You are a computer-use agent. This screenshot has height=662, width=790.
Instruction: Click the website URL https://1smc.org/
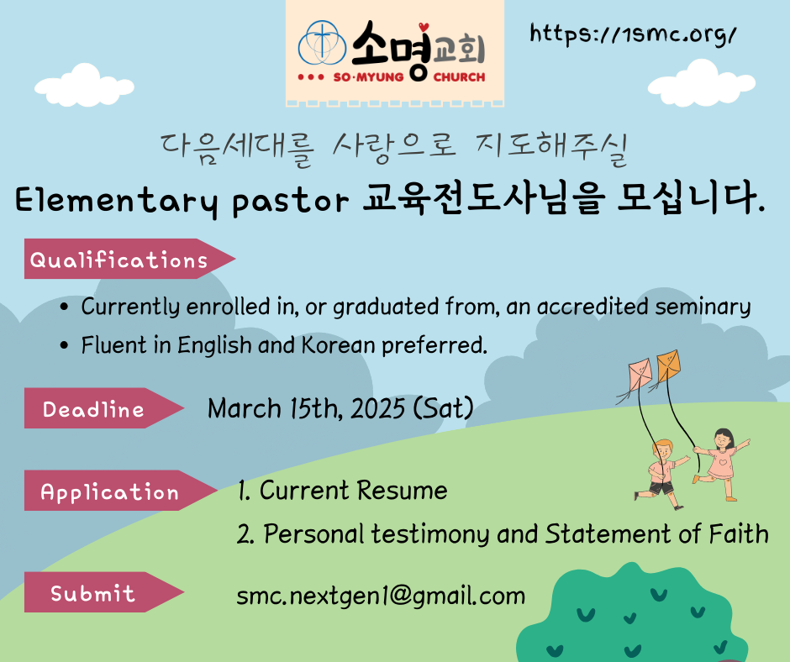point(633,34)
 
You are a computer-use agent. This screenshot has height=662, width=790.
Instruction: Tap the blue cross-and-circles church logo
point(322,44)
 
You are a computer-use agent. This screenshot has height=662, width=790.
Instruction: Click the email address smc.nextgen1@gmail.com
point(381,596)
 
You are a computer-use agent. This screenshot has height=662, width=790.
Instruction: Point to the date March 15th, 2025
point(306,408)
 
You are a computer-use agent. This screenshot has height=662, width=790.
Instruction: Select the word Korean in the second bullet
point(339,345)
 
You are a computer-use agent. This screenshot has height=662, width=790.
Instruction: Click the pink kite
point(640,373)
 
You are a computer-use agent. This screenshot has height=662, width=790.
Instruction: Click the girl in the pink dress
point(721,464)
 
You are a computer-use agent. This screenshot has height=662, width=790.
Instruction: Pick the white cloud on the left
point(84,85)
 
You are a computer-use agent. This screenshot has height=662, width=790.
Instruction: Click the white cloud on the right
point(701,83)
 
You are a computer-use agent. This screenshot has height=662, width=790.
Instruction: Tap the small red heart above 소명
point(424,27)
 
